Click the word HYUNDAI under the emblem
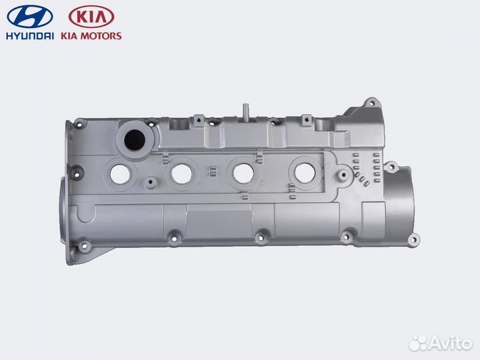[x=30, y=35]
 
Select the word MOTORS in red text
[x=102, y=35]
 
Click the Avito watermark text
[x=449, y=343]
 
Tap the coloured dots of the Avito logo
[x=419, y=343]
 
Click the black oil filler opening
[x=132, y=139]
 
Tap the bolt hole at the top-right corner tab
[x=371, y=104]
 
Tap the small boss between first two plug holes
[x=149, y=181]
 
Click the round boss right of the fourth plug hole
[x=342, y=177]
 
